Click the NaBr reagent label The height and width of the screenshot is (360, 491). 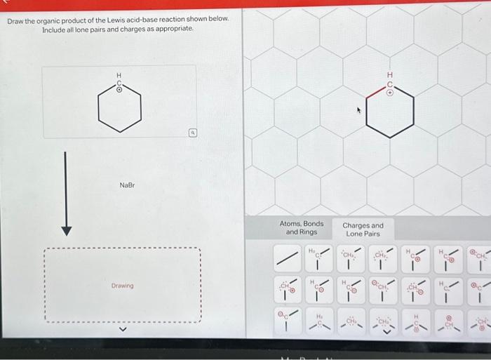pos(126,185)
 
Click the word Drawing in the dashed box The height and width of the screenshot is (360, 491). pos(122,286)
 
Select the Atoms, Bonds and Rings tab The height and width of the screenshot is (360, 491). pos(302,228)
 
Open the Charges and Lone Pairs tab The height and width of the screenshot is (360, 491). pos(363,229)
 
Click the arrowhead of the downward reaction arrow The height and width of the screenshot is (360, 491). pos(66,229)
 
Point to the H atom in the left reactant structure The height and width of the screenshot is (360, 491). pos(119,75)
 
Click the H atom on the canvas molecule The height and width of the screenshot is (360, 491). pos(390,75)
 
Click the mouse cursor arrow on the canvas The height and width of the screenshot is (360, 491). pos(358,109)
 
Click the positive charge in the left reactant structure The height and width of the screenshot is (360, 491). pos(119,90)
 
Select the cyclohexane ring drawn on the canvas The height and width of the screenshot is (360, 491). pos(390,116)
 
